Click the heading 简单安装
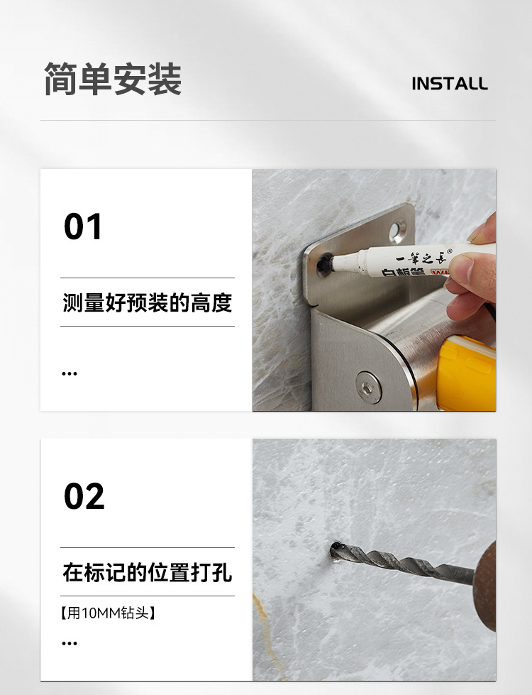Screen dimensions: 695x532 point(113,80)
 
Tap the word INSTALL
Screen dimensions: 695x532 point(450,84)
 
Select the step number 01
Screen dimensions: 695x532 point(83,227)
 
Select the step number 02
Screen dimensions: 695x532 point(84,497)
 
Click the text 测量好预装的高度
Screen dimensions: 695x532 point(147,303)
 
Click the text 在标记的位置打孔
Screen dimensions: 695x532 point(147,573)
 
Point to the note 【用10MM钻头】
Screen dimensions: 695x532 point(108,613)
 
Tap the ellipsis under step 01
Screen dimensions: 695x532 point(69,373)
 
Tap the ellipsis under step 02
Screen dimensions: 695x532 point(69,643)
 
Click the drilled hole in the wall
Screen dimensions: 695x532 point(336,550)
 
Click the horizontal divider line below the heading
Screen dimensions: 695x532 point(267,120)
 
